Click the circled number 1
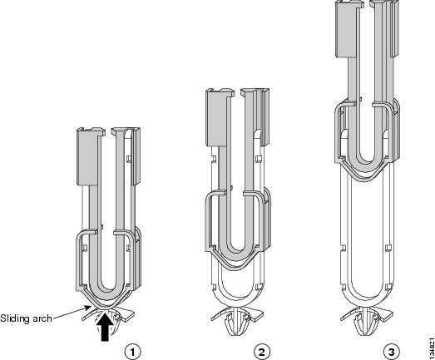click(132, 352)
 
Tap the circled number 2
click(262, 352)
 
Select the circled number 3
click(392, 352)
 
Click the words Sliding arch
click(26, 318)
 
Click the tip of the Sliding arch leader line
click(91, 306)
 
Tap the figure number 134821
click(431, 348)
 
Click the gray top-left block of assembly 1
click(88, 157)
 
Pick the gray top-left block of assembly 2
click(218, 117)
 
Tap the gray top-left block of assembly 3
click(348, 28)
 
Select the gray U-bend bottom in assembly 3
click(367, 164)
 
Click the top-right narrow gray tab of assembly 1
click(136, 156)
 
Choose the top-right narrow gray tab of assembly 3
click(396, 28)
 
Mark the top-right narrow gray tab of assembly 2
click(265, 117)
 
